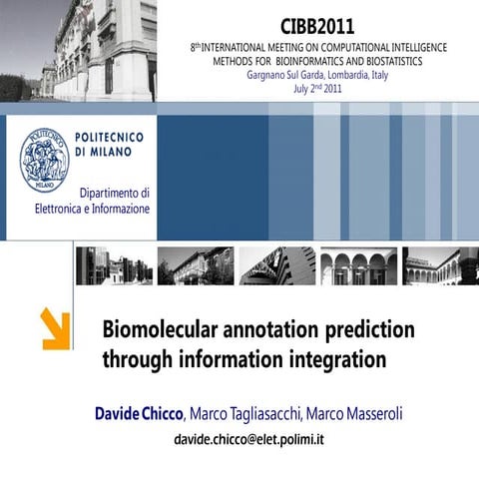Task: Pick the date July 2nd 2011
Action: coord(317,89)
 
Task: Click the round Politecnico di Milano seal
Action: coord(45,160)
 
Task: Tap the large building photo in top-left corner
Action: coord(80,50)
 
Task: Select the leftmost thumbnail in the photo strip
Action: coord(113,266)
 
